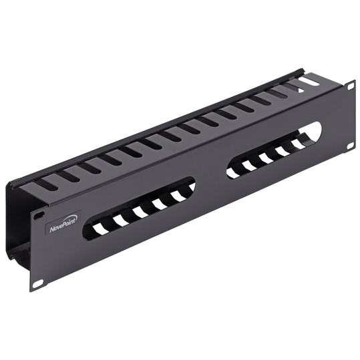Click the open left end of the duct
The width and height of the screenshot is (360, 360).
click(x=19, y=220)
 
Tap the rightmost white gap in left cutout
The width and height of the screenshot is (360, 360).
click(x=178, y=195)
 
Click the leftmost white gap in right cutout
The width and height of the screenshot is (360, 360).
click(x=233, y=172)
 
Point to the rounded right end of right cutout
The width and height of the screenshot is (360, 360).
click(x=315, y=131)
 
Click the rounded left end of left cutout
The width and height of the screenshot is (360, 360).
click(x=87, y=230)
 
